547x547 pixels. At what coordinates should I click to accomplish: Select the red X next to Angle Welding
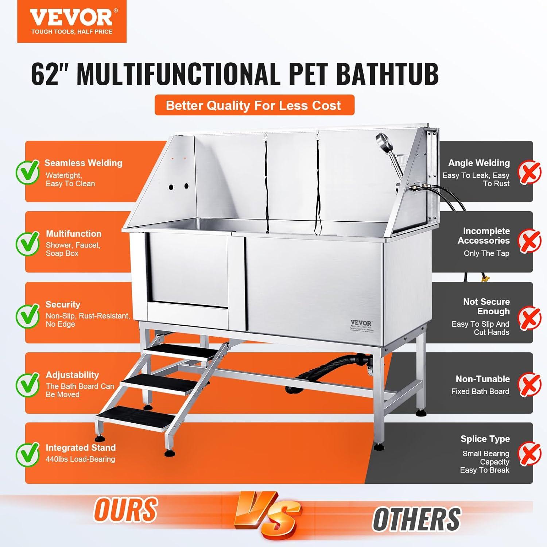(x=530, y=172)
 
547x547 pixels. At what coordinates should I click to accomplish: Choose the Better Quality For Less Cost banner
(x=254, y=105)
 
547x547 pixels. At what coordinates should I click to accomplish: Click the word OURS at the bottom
(x=126, y=509)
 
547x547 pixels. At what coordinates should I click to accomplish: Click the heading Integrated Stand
(x=80, y=447)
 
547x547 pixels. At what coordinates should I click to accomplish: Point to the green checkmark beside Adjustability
(x=28, y=384)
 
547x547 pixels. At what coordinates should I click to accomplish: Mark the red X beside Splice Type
(x=530, y=453)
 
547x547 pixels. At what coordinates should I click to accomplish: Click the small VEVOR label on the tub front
(x=361, y=323)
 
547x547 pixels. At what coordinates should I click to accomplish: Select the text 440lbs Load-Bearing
(x=80, y=459)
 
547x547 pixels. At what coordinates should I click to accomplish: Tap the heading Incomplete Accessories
(x=484, y=236)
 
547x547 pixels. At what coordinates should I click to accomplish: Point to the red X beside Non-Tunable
(x=530, y=384)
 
